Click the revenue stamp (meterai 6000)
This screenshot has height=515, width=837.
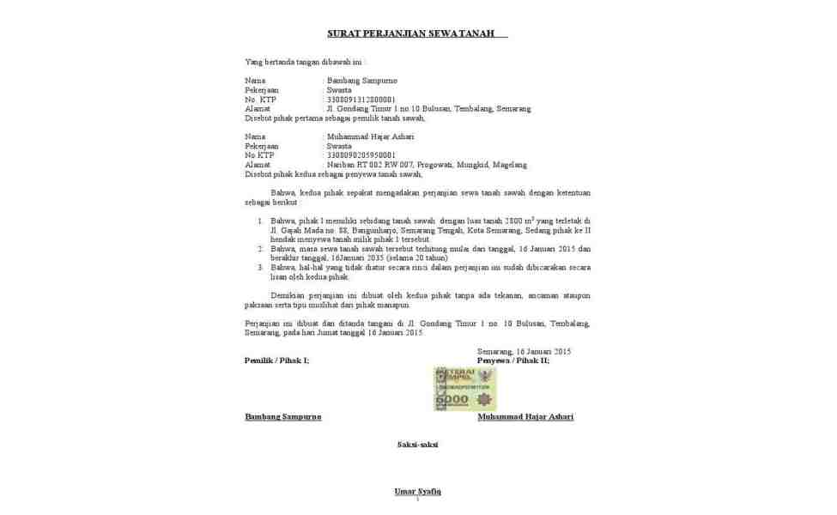tap(464, 388)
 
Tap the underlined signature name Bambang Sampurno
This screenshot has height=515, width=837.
tap(283, 417)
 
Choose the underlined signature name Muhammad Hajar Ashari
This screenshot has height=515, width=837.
tap(525, 417)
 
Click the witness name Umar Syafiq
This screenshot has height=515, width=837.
tap(417, 491)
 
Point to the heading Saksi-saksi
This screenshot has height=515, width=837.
tap(417, 445)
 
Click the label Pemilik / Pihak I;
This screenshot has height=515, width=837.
tap(276, 360)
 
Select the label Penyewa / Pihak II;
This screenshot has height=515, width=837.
tap(513, 360)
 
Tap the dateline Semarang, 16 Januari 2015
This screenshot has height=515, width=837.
tap(524, 351)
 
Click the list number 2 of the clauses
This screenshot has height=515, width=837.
tap(261, 249)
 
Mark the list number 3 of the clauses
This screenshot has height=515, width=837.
tap(261, 268)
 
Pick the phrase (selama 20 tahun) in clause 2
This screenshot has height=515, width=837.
tap(417, 257)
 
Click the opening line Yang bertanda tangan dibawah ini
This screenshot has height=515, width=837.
tap(305, 62)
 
